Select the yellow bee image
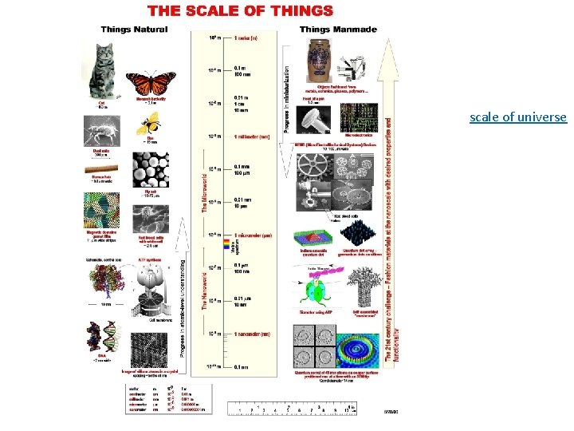pos(149,122)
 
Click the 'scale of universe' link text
pos(517,117)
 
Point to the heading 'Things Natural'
pos(133,30)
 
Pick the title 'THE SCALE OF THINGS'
pos(240,11)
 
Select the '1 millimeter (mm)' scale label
pos(252,136)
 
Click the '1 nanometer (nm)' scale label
pos(252,334)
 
